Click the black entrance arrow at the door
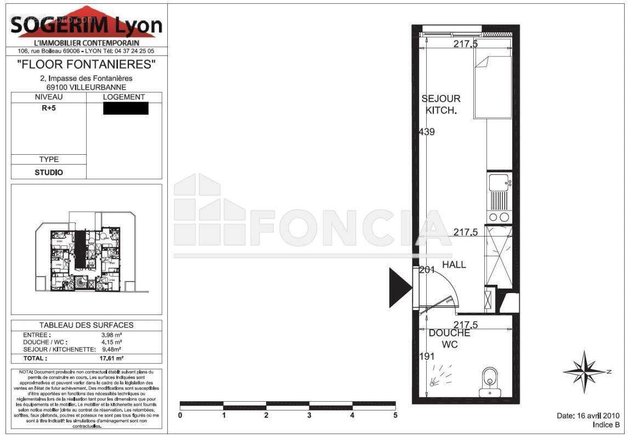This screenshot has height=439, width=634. [x=399, y=287]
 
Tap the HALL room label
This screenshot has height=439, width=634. [x=454, y=264]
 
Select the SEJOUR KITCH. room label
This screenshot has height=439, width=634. [x=441, y=104]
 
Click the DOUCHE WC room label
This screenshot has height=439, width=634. [x=449, y=339]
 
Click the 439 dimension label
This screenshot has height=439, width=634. [x=427, y=132]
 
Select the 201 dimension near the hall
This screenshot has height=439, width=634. [x=427, y=270]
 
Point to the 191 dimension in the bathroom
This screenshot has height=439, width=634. [x=426, y=356]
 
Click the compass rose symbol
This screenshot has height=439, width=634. [x=586, y=372]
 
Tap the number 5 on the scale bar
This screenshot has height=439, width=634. [x=395, y=415]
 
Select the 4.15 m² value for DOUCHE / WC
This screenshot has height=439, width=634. [x=111, y=342]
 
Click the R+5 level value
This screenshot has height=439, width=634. [x=49, y=108]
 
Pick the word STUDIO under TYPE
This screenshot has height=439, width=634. [x=49, y=172]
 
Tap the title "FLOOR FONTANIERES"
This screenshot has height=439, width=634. [x=87, y=65]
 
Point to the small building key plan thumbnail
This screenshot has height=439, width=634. [x=87, y=250]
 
